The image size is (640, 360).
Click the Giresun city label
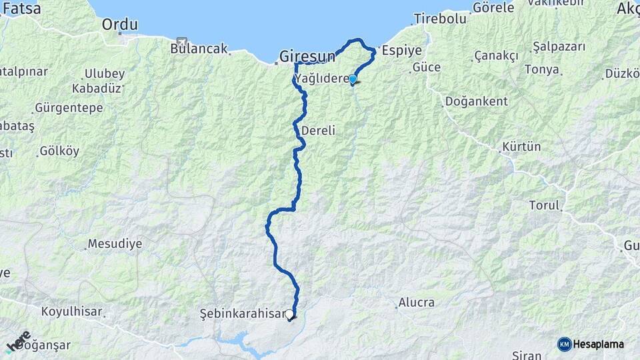click(x=307, y=56)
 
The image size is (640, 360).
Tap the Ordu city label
click(x=120, y=25)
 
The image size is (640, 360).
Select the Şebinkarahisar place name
click(x=241, y=313)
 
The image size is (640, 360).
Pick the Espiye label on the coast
click(x=398, y=50)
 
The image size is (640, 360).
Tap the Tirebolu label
click(x=440, y=19)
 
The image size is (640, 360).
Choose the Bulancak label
click(x=199, y=49)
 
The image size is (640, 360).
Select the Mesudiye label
click(x=115, y=243)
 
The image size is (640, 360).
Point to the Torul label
click(x=544, y=205)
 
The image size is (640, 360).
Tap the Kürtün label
click(x=521, y=146)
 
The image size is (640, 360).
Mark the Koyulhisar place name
click(x=71, y=311)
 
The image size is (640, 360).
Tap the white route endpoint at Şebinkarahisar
click(x=290, y=314)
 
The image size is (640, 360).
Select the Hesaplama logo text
click(x=598, y=344)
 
